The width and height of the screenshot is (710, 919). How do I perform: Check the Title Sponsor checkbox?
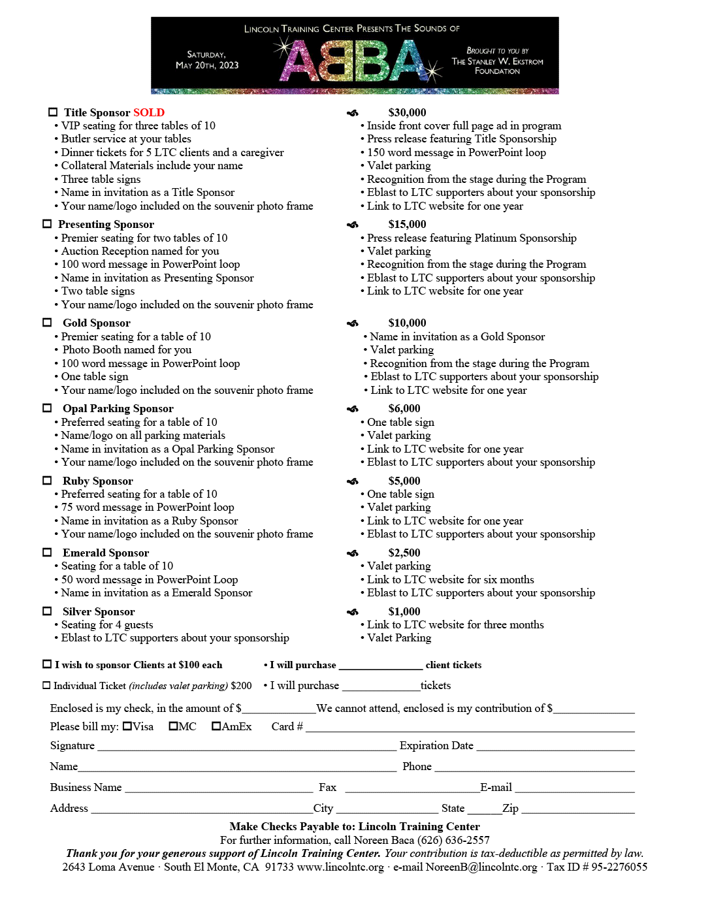tap(53, 112)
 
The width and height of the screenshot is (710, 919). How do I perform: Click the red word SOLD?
tap(149, 112)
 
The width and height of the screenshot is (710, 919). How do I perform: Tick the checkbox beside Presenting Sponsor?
tap(47, 224)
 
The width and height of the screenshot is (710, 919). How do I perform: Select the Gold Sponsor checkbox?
tap(47, 323)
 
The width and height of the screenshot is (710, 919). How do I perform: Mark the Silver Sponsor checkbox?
tap(47, 611)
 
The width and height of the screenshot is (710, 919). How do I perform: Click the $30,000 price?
tap(407, 112)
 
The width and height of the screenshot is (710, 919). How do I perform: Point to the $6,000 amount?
tap(404, 408)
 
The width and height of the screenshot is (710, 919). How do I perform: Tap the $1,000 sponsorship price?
tap(404, 611)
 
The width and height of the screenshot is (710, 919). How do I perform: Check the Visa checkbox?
tap(127, 726)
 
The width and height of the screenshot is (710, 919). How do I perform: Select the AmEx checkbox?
tap(216, 726)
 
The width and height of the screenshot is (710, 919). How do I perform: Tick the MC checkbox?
tap(173, 726)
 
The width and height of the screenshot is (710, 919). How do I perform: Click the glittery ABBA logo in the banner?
tap(354, 61)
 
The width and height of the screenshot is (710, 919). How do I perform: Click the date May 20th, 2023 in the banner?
tap(207, 65)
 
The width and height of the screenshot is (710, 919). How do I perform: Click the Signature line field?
tap(246, 746)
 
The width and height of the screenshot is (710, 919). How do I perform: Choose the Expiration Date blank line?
tap(555, 746)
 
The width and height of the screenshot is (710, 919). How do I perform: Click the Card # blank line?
tap(470, 727)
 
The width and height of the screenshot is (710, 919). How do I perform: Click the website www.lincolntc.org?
tap(340, 867)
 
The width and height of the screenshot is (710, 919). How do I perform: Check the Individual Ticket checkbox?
tap(46, 685)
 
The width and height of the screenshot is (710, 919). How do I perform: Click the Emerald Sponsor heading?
tap(106, 553)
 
